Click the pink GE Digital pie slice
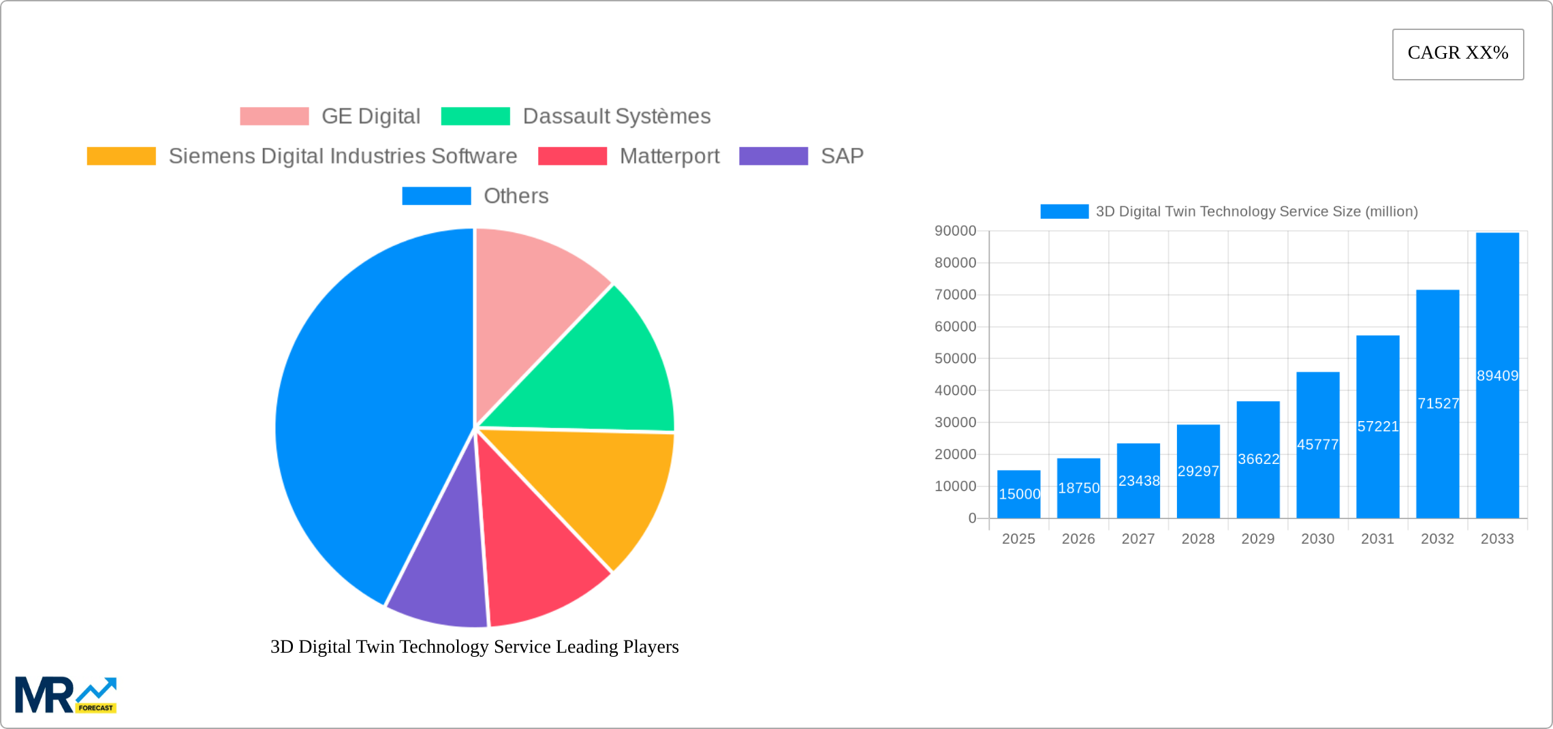click(x=531, y=300)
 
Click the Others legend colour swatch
click(x=436, y=196)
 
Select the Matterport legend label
click(x=669, y=157)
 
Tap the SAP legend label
click(x=842, y=157)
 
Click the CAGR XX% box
click(x=1458, y=54)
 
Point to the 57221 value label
click(x=1378, y=426)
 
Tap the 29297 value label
click(x=1198, y=471)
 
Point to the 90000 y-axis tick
click(x=955, y=231)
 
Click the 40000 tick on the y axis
click(x=955, y=390)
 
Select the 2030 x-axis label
click(x=1317, y=539)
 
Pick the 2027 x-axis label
click(x=1138, y=539)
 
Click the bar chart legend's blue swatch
click(x=1064, y=212)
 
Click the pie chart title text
click(x=475, y=647)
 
